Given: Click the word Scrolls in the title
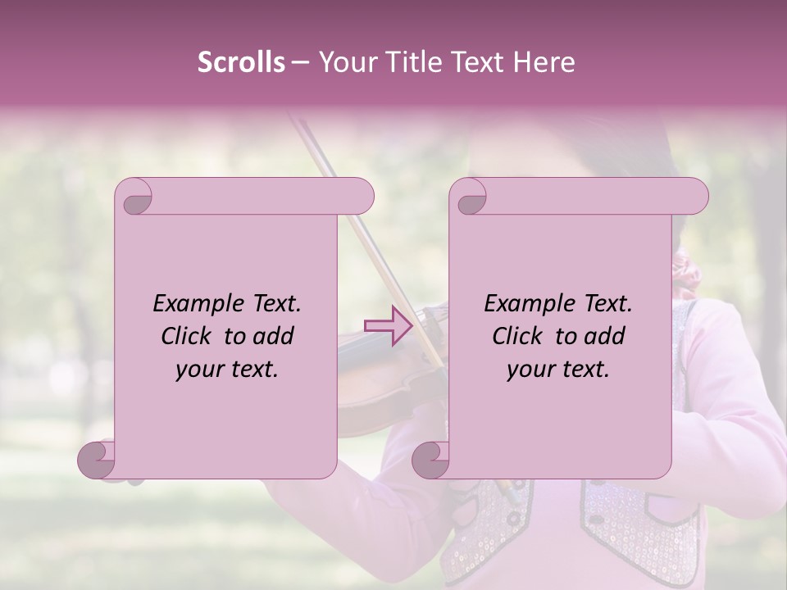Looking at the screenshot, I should pyautogui.click(x=241, y=62).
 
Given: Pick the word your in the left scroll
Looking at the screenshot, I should pyautogui.click(x=198, y=370).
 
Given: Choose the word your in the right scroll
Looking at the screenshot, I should pyautogui.click(x=529, y=370).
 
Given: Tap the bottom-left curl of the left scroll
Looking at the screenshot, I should pyautogui.click(x=97, y=460).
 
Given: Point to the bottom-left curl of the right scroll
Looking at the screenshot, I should pyautogui.click(x=431, y=460).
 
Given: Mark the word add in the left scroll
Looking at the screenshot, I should pyautogui.click(x=275, y=336).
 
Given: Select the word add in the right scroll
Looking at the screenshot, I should pyautogui.click(x=606, y=336).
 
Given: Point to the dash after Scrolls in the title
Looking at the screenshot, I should pyautogui.click(x=300, y=63).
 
